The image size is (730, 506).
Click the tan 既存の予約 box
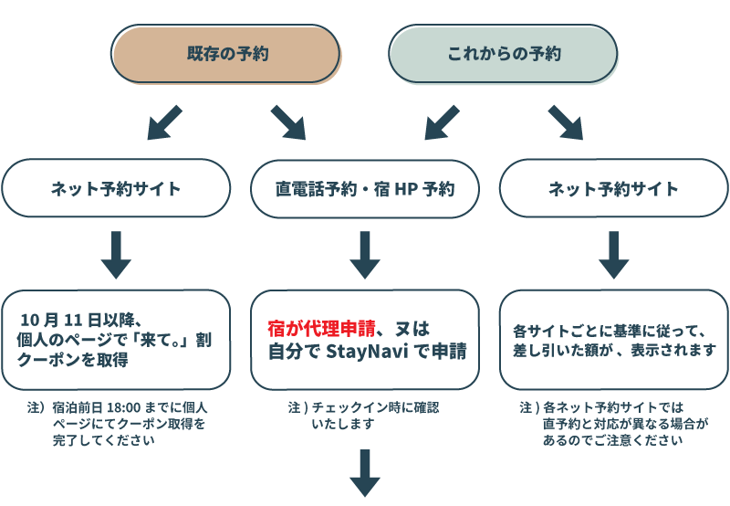pyautogui.click(x=225, y=54)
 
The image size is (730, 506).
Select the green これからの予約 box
pyautogui.click(x=504, y=54)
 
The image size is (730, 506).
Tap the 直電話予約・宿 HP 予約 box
pyautogui.click(x=365, y=189)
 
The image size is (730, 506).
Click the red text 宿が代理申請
pyautogui.click(x=321, y=329)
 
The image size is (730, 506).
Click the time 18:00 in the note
pyautogui.click(x=124, y=407)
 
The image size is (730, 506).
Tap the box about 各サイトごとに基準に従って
pyautogui.click(x=614, y=340)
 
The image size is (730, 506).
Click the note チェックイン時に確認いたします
pyautogui.click(x=363, y=416)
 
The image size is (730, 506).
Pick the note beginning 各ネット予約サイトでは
pyautogui.click(x=614, y=424)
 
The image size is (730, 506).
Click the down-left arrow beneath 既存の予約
pyautogui.click(x=164, y=122)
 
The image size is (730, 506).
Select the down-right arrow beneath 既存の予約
pyautogui.click(x=288, y=122)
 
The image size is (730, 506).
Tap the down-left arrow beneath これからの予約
pyautogui.click(x=442, y=122)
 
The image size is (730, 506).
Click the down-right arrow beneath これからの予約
pyautogui.click(x=566, y=122)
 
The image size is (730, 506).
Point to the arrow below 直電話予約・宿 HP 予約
pyautogui.click(x=365, y=255)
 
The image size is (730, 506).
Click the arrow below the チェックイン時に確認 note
pyautogui.click(x=365, y=473)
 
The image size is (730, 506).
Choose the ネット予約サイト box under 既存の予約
pyautogui.click(x=116, y=188)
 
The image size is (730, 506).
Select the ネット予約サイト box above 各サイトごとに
pyautogui.click(x=614, y=188)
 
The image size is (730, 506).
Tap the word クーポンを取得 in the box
pyautogui.click(x=73, y=360)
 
